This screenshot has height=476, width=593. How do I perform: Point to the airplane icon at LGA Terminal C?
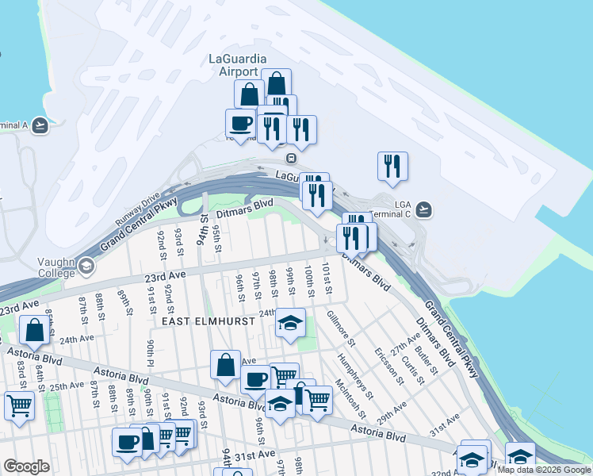pyautogui.click(x=424, y=209)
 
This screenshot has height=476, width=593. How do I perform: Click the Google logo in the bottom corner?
pyautogui.click(x=26, y=466)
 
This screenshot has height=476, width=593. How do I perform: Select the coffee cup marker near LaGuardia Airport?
pyautogui.click(x=240, y=123)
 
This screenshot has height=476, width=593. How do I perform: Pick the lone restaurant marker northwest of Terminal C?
pyautogui.click(x=392, y=166)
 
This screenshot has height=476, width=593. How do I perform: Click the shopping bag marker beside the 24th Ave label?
pyautogui.click(x=36, y=329)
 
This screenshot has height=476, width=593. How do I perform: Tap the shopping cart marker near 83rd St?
pyautogui.click(x=19, y=405)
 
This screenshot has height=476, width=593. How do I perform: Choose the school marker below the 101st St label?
pyautogui.click(x=290, y=323)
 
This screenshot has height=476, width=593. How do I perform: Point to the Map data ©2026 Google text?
pyautogui.click(x=544, y=470)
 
